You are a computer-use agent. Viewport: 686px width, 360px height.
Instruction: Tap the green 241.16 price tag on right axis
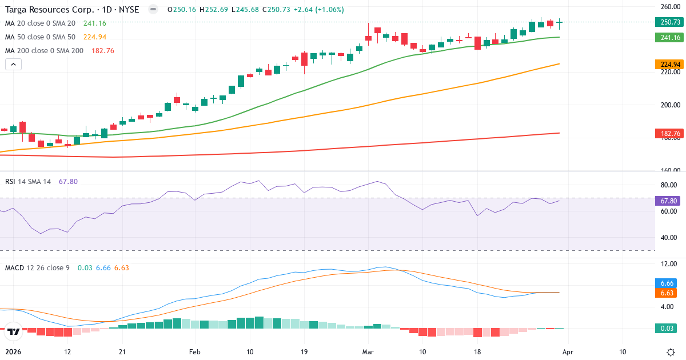pos(669,37)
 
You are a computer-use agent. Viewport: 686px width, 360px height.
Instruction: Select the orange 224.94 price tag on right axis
pos(669,64)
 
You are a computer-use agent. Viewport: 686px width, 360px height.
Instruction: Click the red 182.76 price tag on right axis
pos(669,133)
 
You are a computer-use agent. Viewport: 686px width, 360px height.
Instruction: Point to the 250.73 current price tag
pos(669,22)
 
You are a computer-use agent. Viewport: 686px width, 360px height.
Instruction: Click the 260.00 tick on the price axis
pos(669,7)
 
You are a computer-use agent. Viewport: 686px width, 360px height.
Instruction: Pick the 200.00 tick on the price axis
pos(669,105)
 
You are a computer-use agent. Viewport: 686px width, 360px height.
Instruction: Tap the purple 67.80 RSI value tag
pos(669,201)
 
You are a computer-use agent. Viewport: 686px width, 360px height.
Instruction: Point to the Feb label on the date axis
pos(195,352)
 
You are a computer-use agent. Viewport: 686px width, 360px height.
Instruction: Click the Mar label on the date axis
pos(367,352)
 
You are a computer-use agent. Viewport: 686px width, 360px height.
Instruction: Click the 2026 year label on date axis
pos(13,352)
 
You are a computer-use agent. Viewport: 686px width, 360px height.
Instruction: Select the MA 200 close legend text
pos(44,50)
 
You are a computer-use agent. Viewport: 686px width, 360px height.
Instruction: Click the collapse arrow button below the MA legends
pos(13,65)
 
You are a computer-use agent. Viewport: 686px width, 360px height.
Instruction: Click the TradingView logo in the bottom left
pos(14,331)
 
